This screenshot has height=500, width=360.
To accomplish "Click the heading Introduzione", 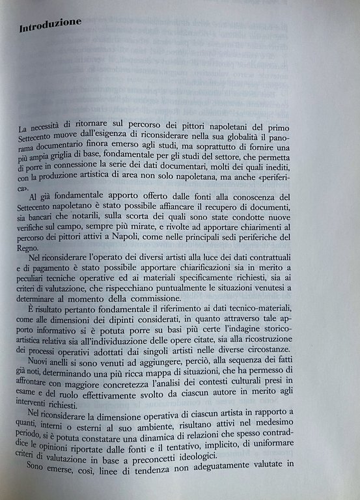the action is (50, 27).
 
